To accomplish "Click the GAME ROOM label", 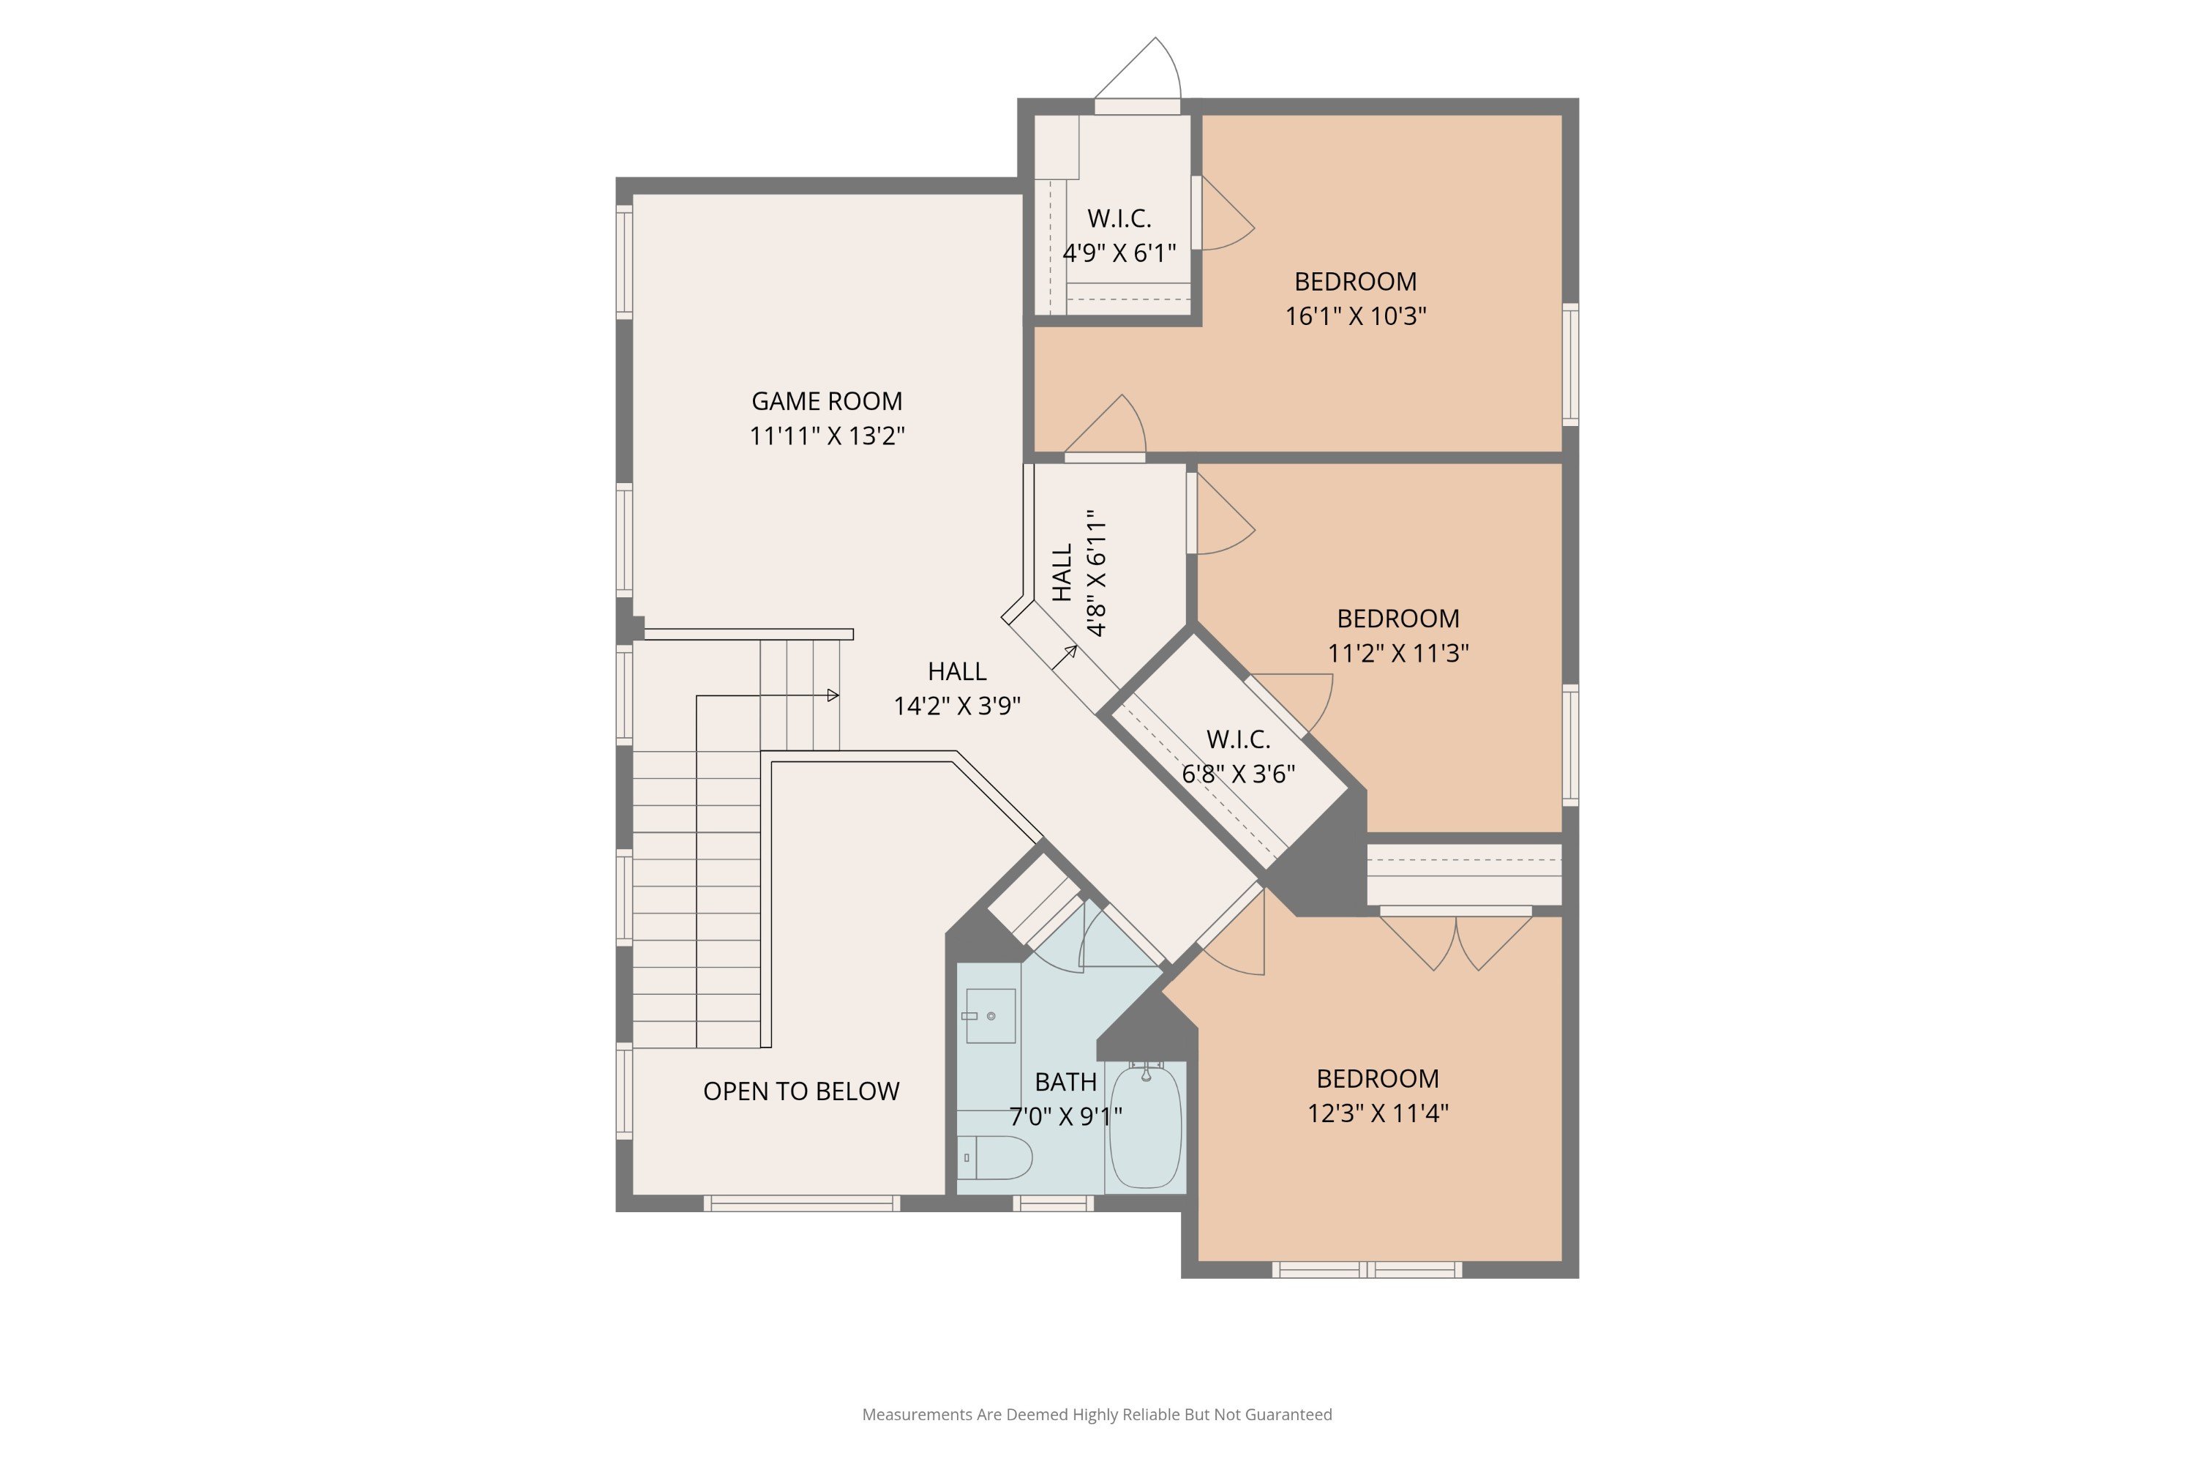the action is [x=827, y=401].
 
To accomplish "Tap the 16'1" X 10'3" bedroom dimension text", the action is [x=1356, y=316].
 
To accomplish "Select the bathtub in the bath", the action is [x=1145, y=1127].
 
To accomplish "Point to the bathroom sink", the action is [x=990, y=1016].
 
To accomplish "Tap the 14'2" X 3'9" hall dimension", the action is [x=958, y=706].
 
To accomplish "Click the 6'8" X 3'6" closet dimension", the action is [x=1239, y=774].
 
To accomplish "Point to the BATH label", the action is [x=1066, y=1082].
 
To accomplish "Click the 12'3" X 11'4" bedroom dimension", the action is [x=1378, y=1113].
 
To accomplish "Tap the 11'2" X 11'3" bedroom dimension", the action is [x=1398, y=653].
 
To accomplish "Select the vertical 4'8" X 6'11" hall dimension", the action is [x=1097, y=573].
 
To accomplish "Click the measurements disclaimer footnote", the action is [x=1097, y=1414].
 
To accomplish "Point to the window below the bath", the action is [x=1053, y=1203].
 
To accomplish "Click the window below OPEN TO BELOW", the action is [x=802, y=1203].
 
